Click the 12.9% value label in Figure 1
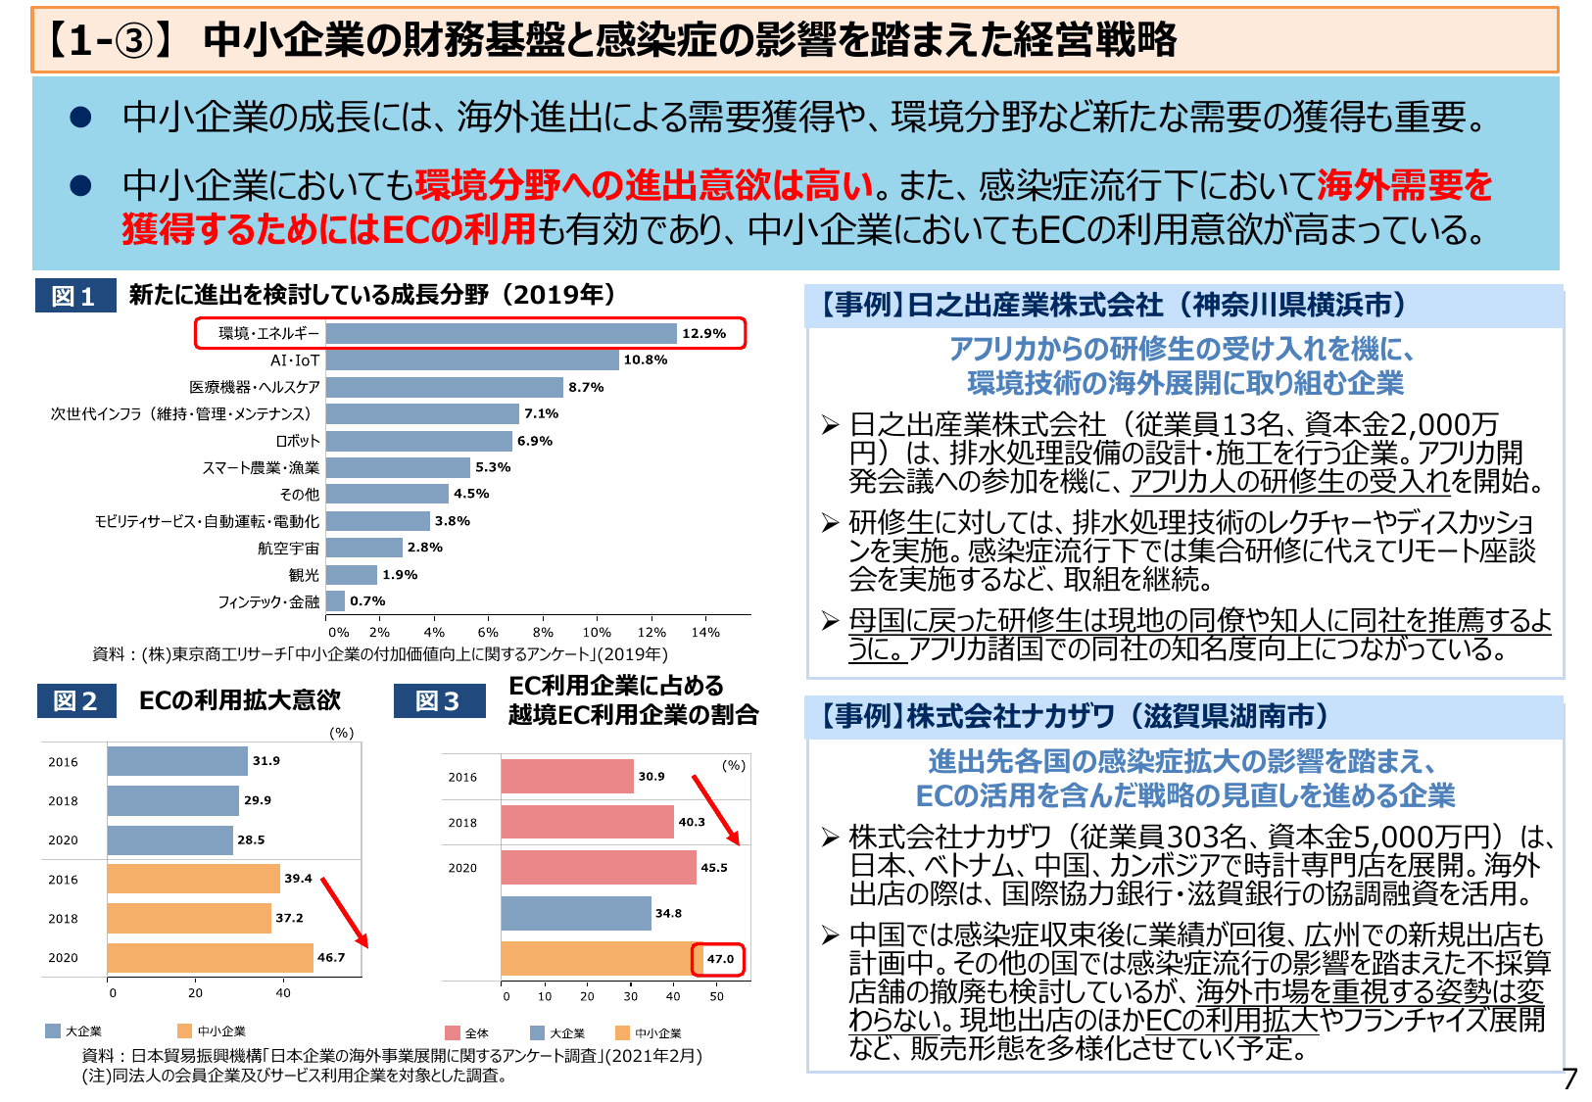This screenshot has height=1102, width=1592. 703,333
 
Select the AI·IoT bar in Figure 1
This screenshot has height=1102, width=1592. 472,360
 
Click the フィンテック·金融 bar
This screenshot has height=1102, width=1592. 335,600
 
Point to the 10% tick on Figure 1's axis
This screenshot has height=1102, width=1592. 597,633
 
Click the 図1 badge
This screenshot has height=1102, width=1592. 74,296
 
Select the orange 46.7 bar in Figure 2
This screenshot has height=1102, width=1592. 210,957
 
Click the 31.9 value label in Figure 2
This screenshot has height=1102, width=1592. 265,761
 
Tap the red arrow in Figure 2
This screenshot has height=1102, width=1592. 344,912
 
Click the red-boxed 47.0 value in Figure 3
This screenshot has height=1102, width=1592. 720,959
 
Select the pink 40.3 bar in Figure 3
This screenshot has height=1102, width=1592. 587,822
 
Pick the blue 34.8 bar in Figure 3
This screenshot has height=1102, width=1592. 575,913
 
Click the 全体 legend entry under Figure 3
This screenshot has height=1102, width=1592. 467,1032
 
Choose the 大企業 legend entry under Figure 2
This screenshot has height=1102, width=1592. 74,1030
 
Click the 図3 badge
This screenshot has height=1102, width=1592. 438,701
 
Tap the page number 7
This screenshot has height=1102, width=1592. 1569,1078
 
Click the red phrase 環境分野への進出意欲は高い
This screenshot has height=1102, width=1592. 644,184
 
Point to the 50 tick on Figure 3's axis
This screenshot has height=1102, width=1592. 716,996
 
